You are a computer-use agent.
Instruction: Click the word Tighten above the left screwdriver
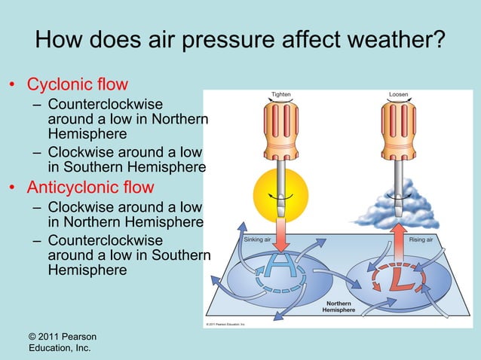tap(280, 95)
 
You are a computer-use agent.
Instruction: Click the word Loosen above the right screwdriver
tap(399, 95)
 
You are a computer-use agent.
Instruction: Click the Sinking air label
tap(259, 240)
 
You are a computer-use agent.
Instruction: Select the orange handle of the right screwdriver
tap(398, 129)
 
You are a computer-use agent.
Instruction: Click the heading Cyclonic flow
tap(78, 84)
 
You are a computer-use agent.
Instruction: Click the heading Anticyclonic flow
tap(90, 186)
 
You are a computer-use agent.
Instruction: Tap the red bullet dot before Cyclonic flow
tap(13, 84)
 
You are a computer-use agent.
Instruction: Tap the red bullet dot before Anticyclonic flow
tap(13, 187)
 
